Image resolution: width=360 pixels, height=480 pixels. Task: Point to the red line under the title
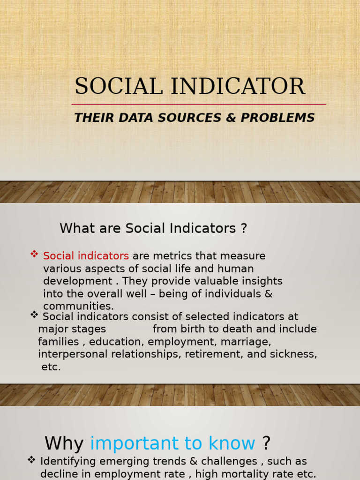(x=199, y=104)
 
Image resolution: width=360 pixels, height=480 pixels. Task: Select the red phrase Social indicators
(x=86, y=256)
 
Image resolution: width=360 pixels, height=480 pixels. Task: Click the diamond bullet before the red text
(x=34, y=254)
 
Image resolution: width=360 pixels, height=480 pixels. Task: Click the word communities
(x=78, y=307)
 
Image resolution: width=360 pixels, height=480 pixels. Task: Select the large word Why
(x=64, y=443)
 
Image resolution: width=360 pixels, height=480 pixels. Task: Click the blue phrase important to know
(x=172, y=443)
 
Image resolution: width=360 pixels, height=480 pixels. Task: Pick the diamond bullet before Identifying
(x=31, y=460)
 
